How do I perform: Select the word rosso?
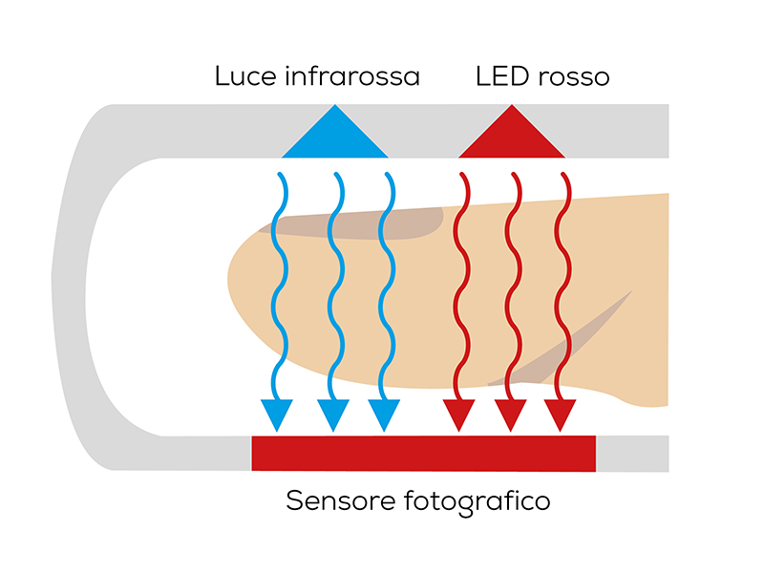[x=572, y=76]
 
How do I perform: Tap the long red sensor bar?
[x=423, y=453]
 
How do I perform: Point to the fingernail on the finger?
[x=363, y=222]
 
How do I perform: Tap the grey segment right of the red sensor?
[x=631, y=453]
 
